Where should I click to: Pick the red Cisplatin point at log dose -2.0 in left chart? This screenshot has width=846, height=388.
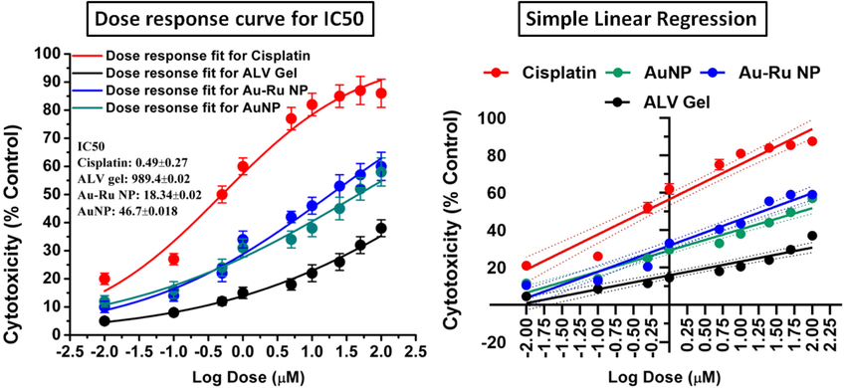105,279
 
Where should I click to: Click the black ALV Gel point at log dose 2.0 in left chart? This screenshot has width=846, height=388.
381,228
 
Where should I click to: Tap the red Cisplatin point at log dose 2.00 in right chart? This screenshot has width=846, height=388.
812,141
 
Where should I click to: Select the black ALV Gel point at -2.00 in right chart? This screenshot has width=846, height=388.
527,296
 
